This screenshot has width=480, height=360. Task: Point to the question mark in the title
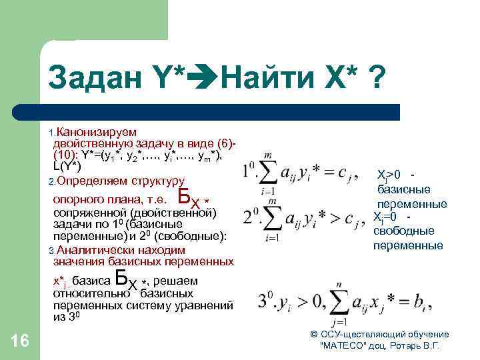click(x=376, y=81)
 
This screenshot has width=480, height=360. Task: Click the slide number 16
click(x=21, y=341)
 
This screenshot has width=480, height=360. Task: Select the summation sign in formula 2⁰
click(x=272, y=218)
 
